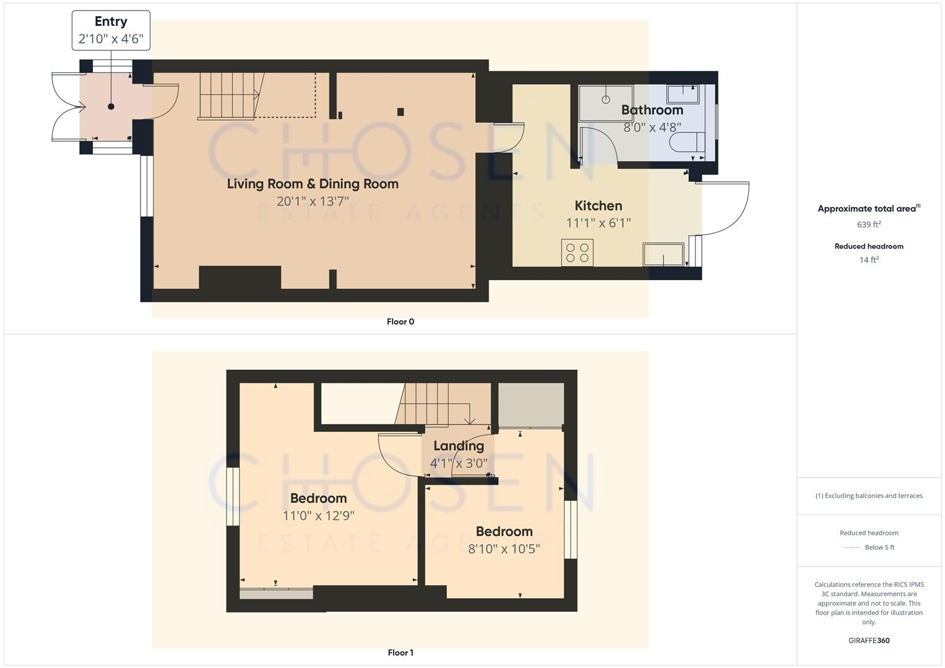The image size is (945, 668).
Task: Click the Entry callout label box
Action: (x=111, y=30)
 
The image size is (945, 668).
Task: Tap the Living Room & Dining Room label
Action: (x=313, y=184)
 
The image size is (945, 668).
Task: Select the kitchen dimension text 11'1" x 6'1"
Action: (x=598, y=223)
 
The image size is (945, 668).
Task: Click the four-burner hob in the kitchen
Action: (x=577, y=252)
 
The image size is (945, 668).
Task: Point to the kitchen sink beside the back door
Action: (x=663, y=254)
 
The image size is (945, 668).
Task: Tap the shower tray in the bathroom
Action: (x=605, y=101)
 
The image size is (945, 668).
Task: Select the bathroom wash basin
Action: (x=683, y=94)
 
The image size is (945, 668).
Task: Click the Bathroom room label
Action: (x=652, y=110)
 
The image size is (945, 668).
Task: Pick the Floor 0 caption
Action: (x=400, y=322)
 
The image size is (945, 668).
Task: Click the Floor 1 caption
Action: (x=400, y=653)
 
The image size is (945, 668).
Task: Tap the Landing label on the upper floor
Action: (x=458, y=446)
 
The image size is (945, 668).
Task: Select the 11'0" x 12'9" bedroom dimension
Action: (x=318, y=516)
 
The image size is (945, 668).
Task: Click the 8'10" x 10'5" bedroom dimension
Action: (x=504, y=549)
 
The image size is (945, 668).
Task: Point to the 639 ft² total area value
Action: (x=869, y=225)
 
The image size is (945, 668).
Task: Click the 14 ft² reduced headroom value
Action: (x=869, y=260)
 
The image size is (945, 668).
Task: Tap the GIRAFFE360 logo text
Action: (x=869, y=641)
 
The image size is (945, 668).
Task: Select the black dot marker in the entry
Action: (x=111, y=106)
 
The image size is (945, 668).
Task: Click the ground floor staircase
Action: (x=228, y=95)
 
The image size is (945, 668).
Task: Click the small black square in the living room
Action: (x=400, y=112)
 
